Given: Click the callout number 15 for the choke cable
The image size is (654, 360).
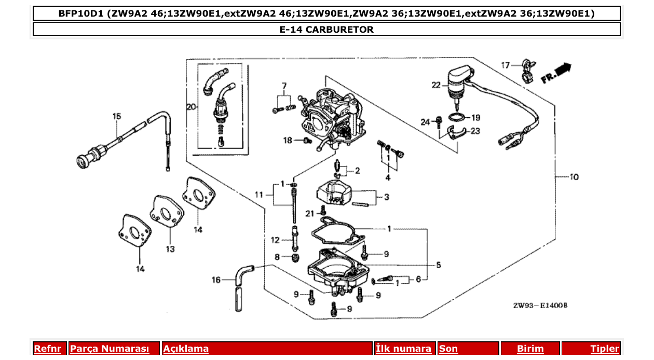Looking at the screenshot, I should [x=116, y=116].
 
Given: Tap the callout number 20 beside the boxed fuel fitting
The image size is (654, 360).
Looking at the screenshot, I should [x=192, y=107].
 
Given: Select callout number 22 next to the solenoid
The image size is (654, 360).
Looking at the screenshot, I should [x=435, y=85].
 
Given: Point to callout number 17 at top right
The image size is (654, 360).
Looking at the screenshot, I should [x=506, y=65].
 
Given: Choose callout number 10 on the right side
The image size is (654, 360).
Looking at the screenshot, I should [x=574, y=177].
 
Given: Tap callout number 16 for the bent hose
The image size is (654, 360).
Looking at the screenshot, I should [x=216, y=280].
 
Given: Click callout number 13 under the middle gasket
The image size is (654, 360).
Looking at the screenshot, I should [x=170, y=249].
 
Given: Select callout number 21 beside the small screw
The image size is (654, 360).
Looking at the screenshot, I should [x=310, y=213].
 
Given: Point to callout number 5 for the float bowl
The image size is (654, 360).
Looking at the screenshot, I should [x=438, y=265].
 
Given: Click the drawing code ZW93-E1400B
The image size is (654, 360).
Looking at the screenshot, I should [x=540, y=306].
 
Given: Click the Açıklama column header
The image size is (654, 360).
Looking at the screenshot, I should [x=186, y=349].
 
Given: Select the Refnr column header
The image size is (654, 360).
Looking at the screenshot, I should [x=47, y=349].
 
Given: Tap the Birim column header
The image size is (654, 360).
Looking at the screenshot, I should [x=530, y=349].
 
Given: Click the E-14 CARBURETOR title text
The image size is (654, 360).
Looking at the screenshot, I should [x=326, y=30].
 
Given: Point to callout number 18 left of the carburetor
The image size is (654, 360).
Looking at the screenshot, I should [x=288, y=140].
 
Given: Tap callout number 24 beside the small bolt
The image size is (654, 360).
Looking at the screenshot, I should [x=426, y=122].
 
